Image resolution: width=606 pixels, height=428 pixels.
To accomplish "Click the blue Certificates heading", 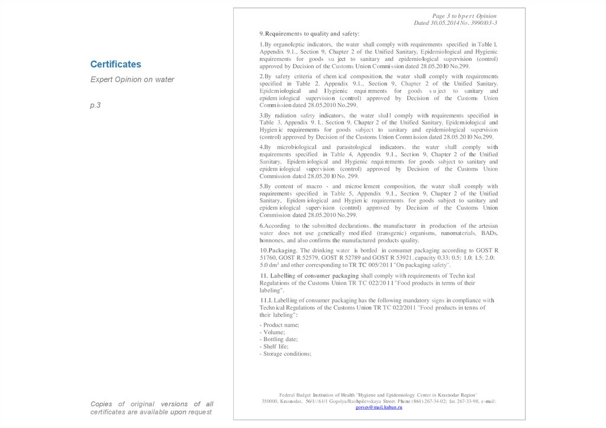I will click(115, 64).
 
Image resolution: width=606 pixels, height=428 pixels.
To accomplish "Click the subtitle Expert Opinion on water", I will click(132, 79).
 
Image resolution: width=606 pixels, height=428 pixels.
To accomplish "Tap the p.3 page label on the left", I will click(95, 105).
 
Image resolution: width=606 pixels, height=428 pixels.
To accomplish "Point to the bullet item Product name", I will click(280, 325).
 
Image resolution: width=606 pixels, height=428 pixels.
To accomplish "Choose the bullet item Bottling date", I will click(279, 339).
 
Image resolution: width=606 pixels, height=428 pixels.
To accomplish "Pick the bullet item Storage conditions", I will click(286, 353).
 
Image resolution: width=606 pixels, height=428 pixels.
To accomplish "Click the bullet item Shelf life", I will click(276, 346).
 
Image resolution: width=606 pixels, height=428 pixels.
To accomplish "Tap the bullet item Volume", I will click(273, 332).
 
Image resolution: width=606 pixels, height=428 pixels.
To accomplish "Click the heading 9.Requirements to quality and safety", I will click(310, 34).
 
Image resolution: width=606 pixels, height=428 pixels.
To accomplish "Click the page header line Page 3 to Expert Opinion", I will click(464, 16).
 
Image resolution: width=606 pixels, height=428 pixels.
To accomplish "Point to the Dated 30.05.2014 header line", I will click(455, 23).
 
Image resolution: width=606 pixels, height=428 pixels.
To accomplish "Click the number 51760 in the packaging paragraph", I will click(268, 258).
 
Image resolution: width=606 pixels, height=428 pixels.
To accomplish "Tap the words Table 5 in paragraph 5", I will click(342, 194).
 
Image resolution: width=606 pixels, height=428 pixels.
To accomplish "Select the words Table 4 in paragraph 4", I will click(342, 155).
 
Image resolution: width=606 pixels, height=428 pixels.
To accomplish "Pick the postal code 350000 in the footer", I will click(270, 401).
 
